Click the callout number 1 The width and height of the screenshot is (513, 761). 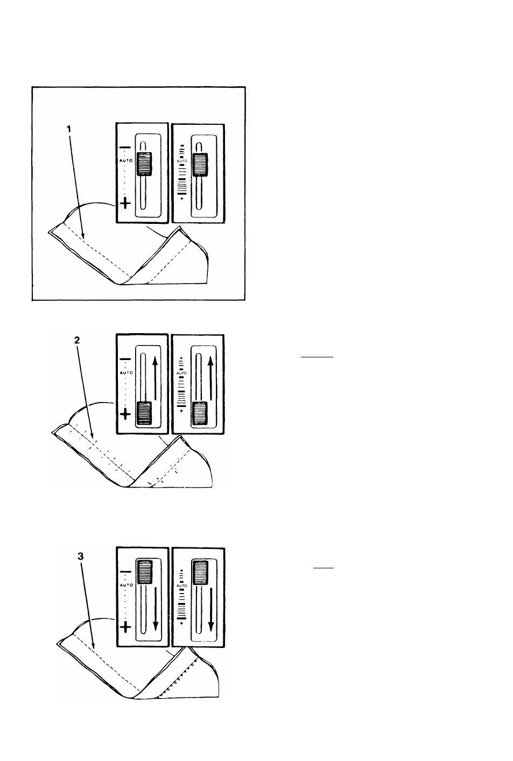(68, 129)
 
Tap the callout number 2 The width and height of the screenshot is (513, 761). (77, 340)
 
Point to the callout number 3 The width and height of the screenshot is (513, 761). (81, 558)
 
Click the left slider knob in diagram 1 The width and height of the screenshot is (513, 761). (144, 164)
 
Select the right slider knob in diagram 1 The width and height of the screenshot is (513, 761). (199, 164)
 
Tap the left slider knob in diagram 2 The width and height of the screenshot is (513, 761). (144, 414)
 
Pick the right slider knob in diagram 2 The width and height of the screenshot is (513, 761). (199, 414)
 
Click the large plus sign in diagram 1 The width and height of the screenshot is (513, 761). (125, 203)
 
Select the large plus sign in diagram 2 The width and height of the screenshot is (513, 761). (125, 414)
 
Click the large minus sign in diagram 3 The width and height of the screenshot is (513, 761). (125, 572)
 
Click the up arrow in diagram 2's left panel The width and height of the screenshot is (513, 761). (155, 379)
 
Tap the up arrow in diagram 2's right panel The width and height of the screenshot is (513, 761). (210, 379)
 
